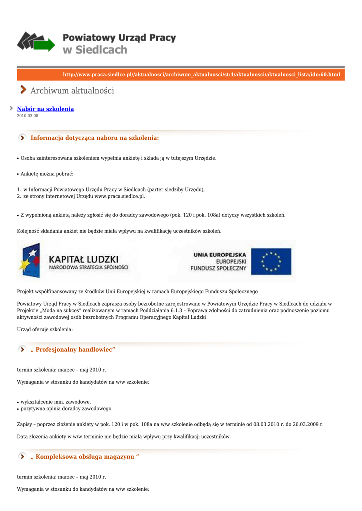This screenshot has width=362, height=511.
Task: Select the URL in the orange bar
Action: [x=201, y=75]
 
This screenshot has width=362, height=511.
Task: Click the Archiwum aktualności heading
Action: [x=72, y=91]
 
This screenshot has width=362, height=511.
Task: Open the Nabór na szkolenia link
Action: [x=45, y=109]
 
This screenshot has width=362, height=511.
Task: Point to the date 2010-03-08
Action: [x=27, y=116]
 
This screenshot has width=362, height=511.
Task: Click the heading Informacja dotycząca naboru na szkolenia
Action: [x=95, y=138]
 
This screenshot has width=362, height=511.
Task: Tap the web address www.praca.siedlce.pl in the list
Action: [x=119, y=196]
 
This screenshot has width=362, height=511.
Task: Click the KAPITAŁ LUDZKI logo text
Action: [x=83, y=259]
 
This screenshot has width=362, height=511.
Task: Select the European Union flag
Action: [x=271, y=261]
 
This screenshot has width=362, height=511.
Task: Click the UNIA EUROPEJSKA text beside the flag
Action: [x=220, y=255]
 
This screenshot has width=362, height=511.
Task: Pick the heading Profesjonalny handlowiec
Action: [x=73, y=350]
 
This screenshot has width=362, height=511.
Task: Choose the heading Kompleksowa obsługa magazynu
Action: [x=85, y=457]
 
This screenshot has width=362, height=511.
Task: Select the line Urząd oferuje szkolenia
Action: [x=45, y=329]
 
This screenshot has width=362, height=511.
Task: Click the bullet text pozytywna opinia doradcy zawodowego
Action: [x=66, y=408]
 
